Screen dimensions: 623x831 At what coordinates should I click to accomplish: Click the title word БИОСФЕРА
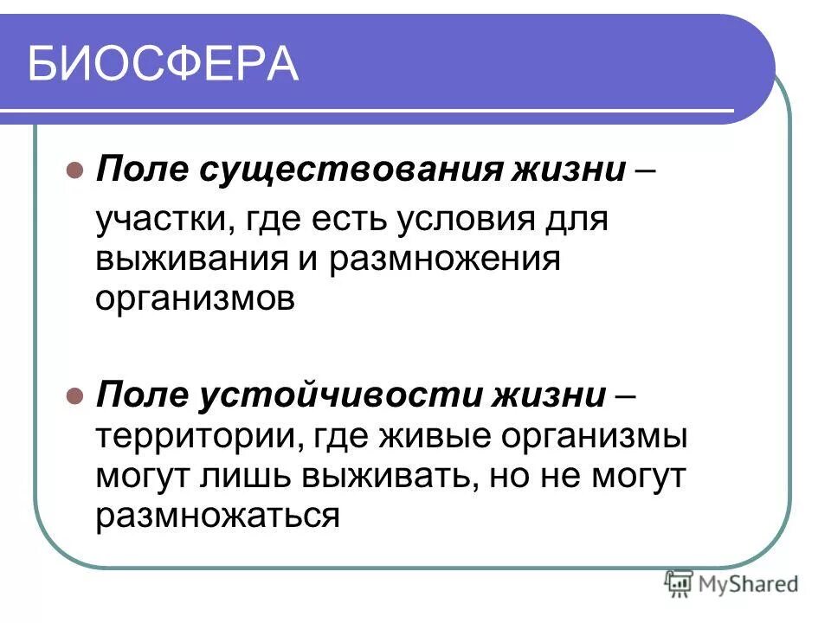[x=163, y=65]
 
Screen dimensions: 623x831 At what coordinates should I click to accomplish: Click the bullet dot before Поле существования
[x=74, y=166]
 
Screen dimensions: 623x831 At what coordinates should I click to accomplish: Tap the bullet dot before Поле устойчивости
[x=74, y=396]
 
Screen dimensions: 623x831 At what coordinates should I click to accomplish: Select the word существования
[x=350, y=166]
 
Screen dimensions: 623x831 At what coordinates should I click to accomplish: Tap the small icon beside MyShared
[x=679, y=583]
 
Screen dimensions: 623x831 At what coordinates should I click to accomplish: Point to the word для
[x=579, y=220]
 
